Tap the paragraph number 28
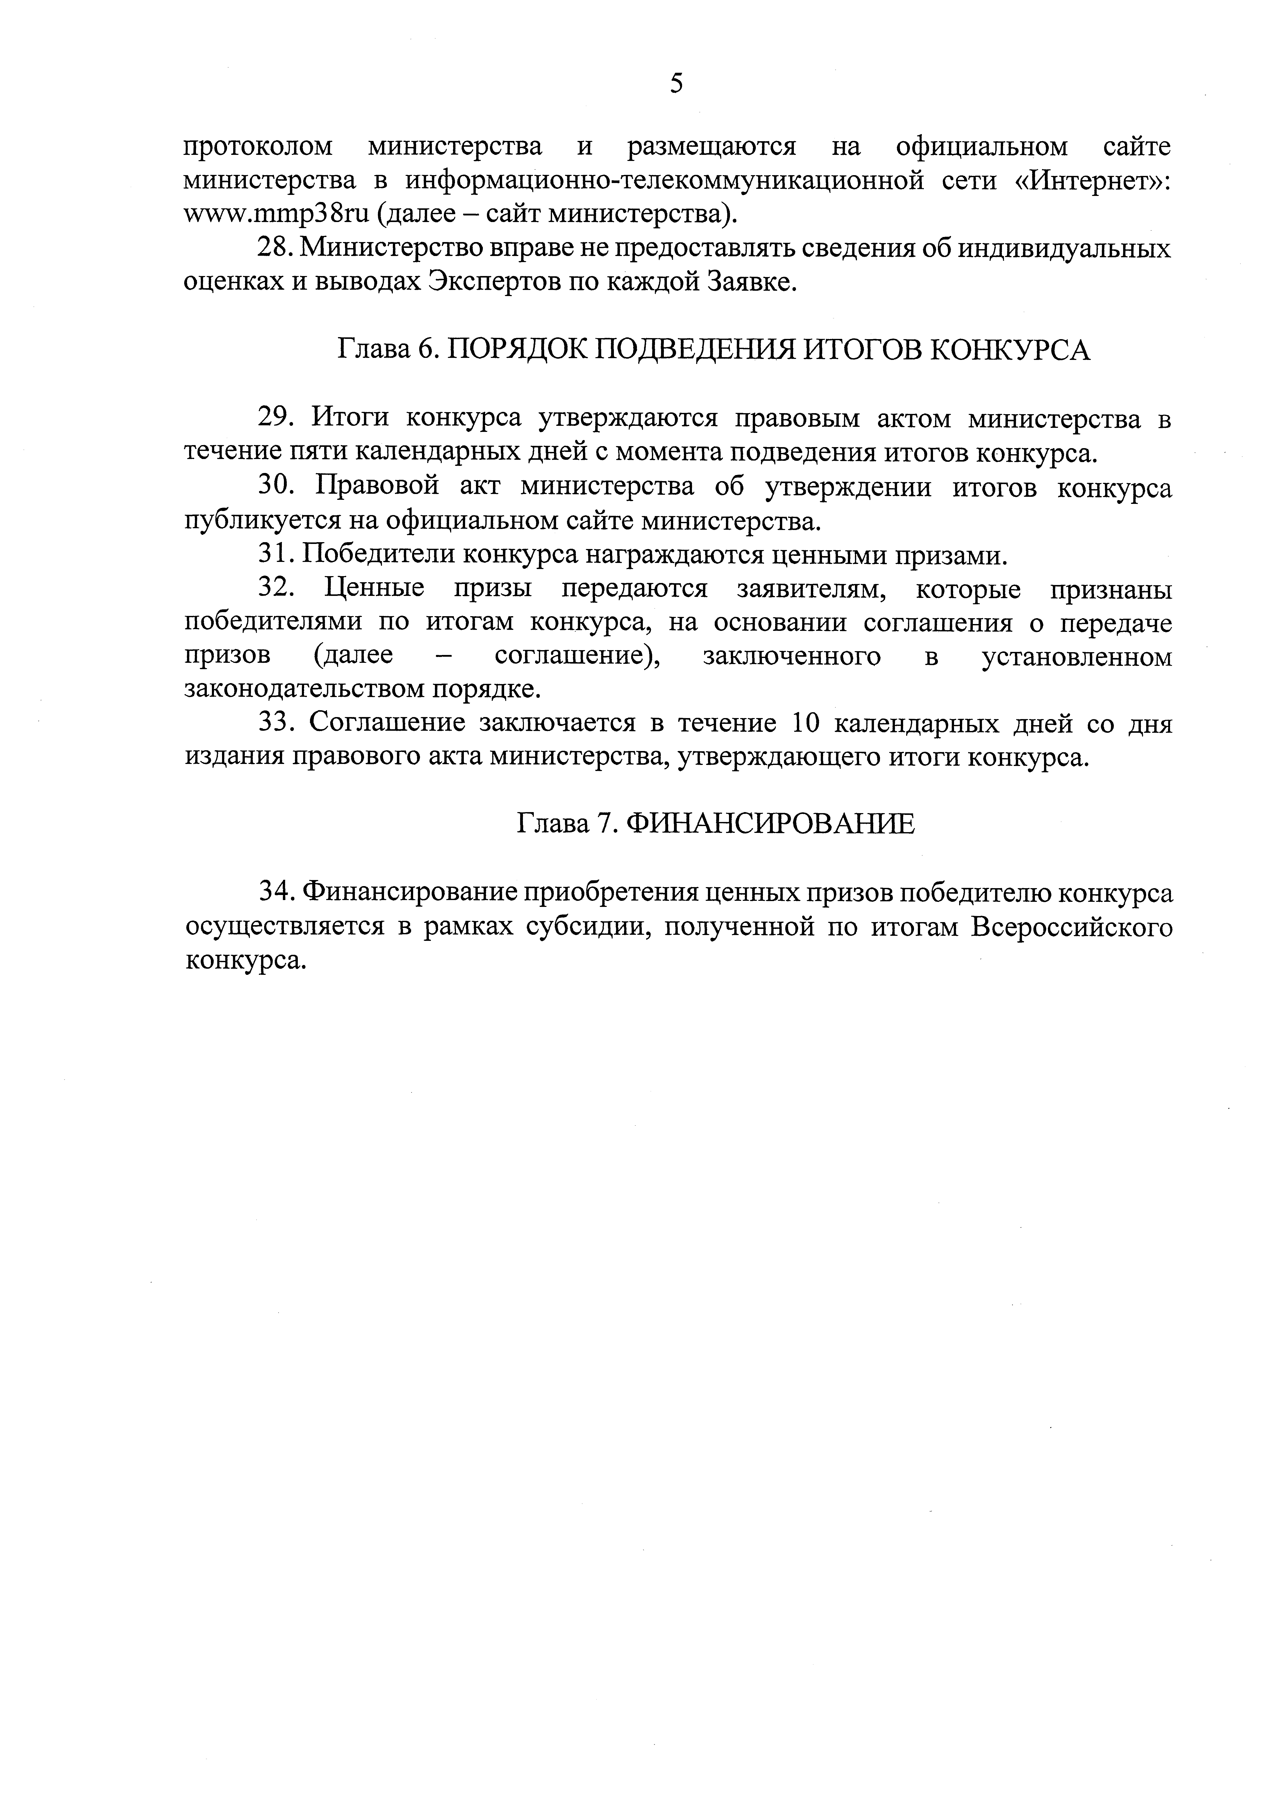tap(276, 249)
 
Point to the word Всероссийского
tap(1071, 928)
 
